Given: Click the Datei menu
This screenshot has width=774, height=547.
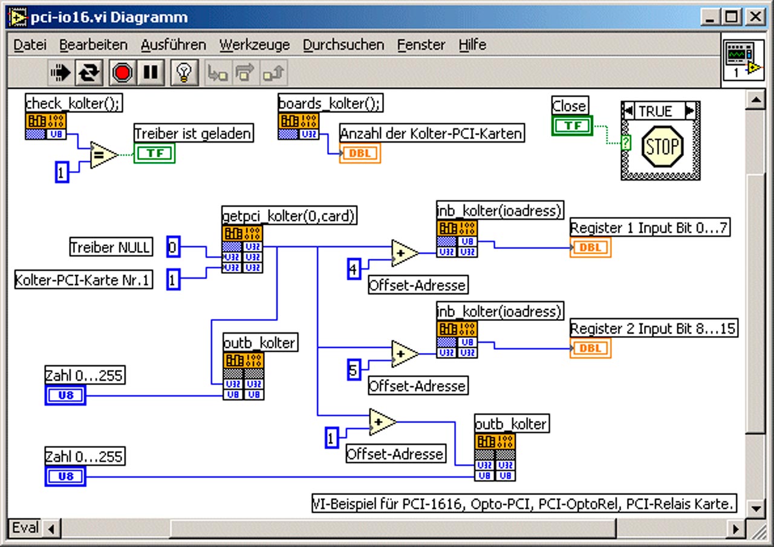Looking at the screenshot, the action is [x=30, y=45].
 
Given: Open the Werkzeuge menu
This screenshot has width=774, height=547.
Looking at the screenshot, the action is [x=255, y=45].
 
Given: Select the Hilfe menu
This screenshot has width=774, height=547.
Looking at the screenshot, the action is [x=472, y=45].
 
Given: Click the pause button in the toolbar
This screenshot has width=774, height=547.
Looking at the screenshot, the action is [x=151, y=73].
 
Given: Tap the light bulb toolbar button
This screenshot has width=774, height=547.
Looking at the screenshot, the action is [x=184, y=73].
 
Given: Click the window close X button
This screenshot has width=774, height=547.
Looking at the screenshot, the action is [x=755, y=16].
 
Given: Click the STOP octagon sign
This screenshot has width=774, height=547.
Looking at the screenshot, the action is [x=662, y=146].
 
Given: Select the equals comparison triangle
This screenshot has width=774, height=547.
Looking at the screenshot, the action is [x=103, y=155].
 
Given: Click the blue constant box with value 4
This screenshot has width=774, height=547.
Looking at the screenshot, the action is [x=354, y=269].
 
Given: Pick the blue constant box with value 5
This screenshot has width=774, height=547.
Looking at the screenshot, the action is [x=354, y=370].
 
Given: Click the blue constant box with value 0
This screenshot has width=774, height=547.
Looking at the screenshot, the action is [x=173, y=247].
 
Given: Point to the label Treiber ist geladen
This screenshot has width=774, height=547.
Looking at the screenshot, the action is [x=193, y=133].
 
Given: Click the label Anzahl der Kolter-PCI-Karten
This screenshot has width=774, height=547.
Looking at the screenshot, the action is [x=432, y=133].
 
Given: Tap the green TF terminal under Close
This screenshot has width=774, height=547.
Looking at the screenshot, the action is [x=572, y=126].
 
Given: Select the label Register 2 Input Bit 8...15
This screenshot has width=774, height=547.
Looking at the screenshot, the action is [x=654, y=328].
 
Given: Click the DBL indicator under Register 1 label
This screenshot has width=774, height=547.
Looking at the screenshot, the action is [x=591, y=248].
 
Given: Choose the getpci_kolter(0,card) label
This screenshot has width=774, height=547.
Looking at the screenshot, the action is [x=289, y=216].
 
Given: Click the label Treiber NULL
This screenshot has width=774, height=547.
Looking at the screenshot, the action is [x=111, y=247].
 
